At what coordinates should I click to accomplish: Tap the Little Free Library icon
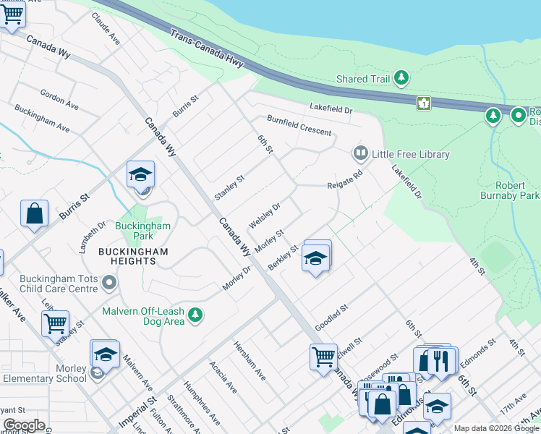tap(359, 153)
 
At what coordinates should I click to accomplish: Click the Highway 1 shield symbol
tap(423, 103)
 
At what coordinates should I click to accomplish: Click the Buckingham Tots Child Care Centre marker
tap(109, 282)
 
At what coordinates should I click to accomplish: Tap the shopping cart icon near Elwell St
tap(323, 356)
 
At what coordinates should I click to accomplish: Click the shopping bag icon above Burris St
tap(34, 213)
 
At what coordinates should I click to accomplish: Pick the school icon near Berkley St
tap(315, 258)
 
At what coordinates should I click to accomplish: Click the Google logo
tap(23, 425)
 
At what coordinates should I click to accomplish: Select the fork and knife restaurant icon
tap(442, 359)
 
